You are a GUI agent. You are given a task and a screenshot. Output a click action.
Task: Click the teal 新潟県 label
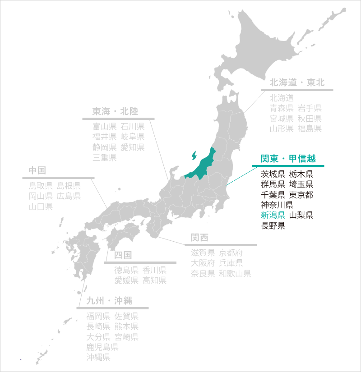[x=273, y=215]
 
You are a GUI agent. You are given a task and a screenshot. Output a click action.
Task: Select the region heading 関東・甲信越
[x=288, y=159]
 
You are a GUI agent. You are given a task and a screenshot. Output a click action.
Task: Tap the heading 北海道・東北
[x=297, y=83]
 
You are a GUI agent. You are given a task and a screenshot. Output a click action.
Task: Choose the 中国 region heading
[x=37, y=170]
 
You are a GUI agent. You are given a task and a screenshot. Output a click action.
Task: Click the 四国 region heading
[x=123, y=255]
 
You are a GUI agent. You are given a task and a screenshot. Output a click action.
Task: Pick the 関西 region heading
[x=199, y=238]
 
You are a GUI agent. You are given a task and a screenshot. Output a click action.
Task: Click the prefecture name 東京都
[x=301, y=195]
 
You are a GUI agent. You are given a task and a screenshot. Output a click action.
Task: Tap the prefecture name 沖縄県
[x=98, y=358]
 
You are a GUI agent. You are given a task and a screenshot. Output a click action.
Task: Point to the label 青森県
[x=282, y=108]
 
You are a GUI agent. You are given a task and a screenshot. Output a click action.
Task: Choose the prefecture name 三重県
[x=105, y=157]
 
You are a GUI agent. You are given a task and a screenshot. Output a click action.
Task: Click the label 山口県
[x=41, y=207]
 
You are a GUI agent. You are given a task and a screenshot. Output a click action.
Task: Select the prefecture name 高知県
[x=155, y=280]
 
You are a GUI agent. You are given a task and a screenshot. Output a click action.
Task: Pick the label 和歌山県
[x=235, y=274]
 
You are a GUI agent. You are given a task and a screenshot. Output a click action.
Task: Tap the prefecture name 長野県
[x=273, y=225]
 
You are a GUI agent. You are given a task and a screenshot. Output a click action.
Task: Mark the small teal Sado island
[x=194, y=156]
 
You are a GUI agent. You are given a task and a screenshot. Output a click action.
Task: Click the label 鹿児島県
[x=102, y=347]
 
